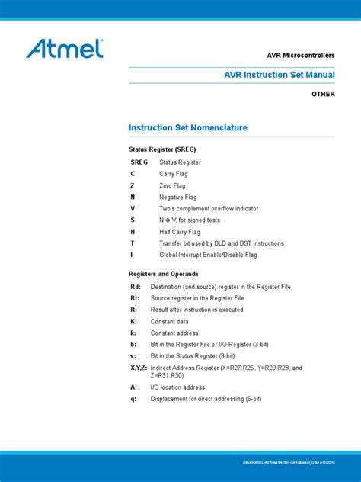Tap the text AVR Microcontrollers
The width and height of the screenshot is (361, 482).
299,56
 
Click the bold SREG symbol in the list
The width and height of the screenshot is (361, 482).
139,162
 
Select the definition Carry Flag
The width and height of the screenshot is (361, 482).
173,174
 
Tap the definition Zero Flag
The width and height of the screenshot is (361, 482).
172,185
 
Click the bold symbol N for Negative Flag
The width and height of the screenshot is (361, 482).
133,197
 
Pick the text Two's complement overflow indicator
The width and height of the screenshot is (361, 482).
208,208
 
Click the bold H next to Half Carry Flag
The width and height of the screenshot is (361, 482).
133,232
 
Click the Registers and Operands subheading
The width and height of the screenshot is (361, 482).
165,273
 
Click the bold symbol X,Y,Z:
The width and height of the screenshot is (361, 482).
139,368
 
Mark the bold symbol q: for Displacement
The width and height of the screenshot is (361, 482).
133,398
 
